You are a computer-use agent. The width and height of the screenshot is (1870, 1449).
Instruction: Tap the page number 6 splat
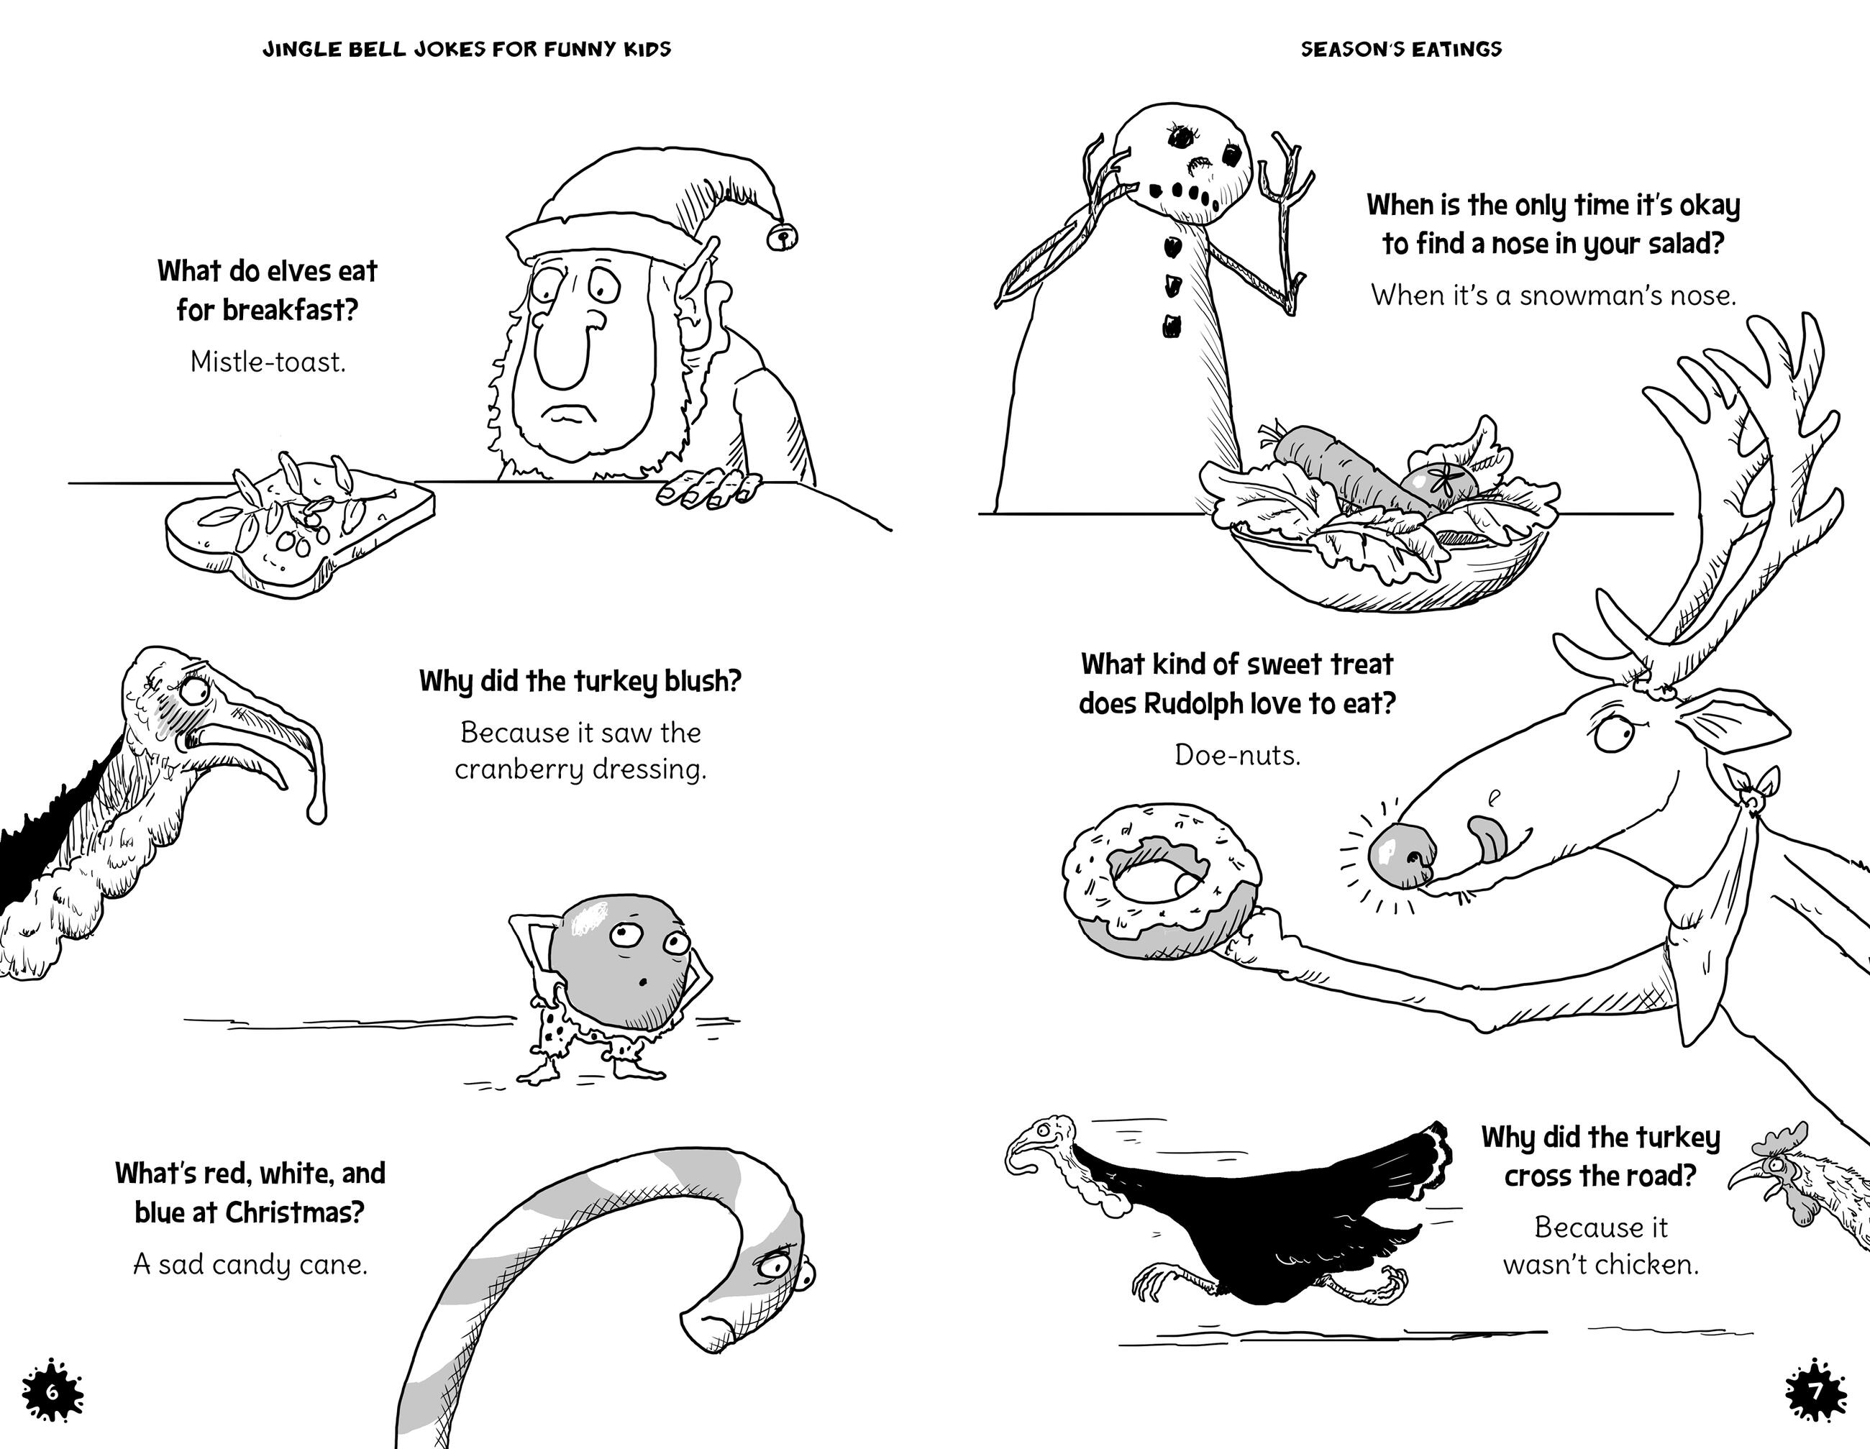pos(51,1391)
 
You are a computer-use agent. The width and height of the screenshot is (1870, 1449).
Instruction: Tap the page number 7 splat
pos(1817,1391)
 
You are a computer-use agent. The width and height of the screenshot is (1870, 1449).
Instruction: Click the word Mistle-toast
pos(268,362)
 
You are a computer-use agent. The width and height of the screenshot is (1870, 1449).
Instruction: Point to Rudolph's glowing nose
pos(1399,856)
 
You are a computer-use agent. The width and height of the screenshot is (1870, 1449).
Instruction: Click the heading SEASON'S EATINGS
pos(1402,49)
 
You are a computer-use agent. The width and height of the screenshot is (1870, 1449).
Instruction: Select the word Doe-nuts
pos(1237,755)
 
